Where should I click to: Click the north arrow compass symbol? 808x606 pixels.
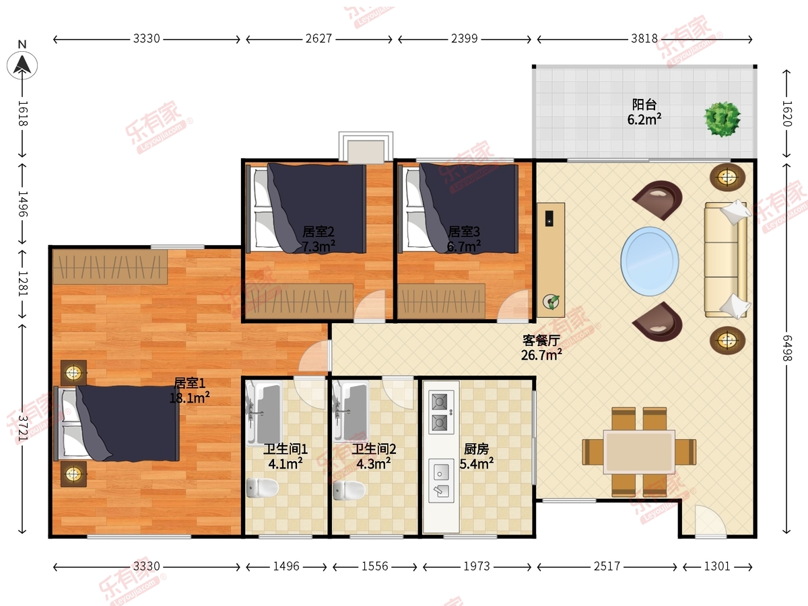pos(22,65)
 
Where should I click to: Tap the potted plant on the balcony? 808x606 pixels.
pos(722,119)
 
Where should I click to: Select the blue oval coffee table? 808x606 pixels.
pos(650,261)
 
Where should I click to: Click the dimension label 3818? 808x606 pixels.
pos(644,38)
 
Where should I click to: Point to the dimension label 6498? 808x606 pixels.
pos(786,347)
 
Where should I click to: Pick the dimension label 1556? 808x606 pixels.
pos(375,566)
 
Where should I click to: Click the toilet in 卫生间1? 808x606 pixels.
pos(262,487)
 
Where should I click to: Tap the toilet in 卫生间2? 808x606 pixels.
pos(349,490)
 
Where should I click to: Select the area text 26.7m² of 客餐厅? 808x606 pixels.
pos(541,355)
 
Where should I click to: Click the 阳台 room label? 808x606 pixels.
pos(644,104)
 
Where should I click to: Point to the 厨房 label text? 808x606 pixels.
pos(476,449)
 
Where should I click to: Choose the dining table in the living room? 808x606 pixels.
pos(639,452)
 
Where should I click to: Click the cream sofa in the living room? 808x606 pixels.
pos(726,259)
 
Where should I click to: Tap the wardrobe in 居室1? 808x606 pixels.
pos(110,267)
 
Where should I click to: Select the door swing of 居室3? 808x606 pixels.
pos(513,306)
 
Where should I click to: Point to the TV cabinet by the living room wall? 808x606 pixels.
pos(551,260)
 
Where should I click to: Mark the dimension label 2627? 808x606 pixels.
pos(318,38)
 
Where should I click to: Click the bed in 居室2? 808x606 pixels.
pos(306,209)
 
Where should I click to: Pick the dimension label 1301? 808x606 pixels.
pos(717,566)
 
